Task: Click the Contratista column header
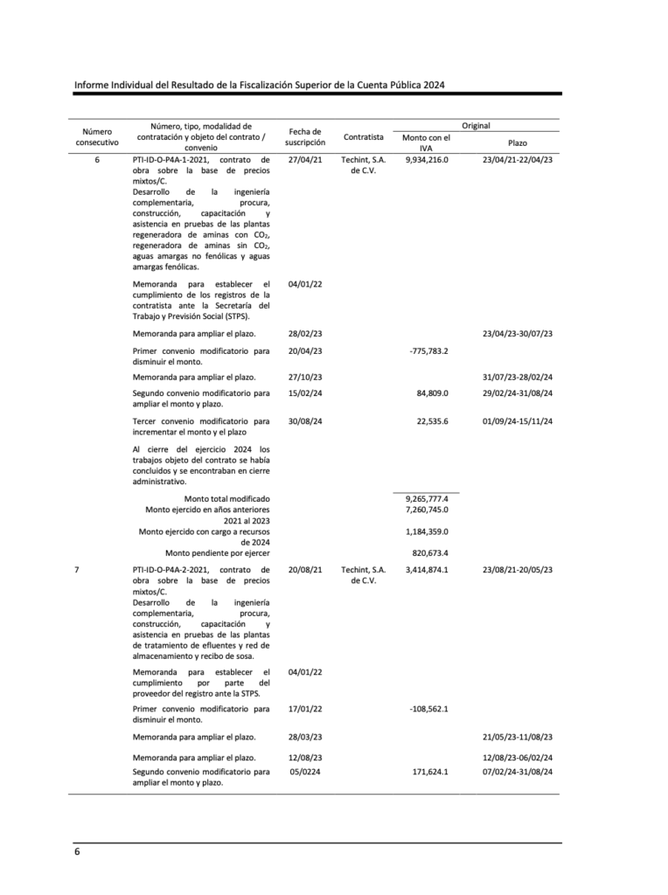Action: pos(364,137)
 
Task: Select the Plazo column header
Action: pos(518,142)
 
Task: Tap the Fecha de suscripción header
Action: pos(305,136)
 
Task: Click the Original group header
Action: pos(476,126)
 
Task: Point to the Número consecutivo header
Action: pos(97,136)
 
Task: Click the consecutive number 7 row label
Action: pos(77,570)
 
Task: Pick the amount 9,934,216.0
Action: pos(427,160)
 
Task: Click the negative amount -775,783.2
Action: pos(428,350)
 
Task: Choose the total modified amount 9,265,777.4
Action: pos(427,498)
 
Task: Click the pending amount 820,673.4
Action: pos(429,552)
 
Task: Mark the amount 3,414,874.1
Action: pos(427,570)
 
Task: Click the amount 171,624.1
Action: pos(430,772)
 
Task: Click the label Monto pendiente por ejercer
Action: pos(218,552)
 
